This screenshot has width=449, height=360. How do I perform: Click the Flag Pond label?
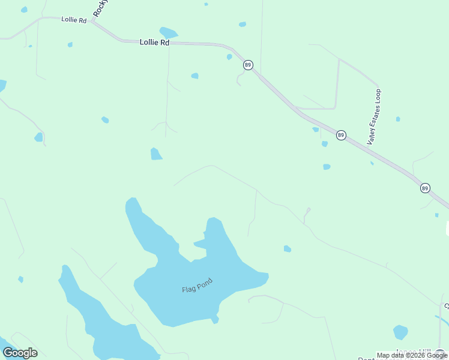click(x=197, y=286)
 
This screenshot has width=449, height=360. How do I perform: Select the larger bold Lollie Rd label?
click(x=154, y=43)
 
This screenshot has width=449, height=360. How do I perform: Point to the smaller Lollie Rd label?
click(x=74, y=20)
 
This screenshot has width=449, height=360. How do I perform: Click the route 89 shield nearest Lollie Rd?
click(x=247, y=65)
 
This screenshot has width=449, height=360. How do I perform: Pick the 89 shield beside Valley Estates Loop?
click(x=341, y=136)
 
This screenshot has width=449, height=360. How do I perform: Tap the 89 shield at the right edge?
click(x=425, y=188)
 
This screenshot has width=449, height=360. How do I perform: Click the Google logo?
click(x=20, y=353)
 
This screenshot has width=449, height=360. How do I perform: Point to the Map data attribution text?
click(x=411, y=355)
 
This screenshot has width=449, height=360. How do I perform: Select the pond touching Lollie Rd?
click(x=169, y=32)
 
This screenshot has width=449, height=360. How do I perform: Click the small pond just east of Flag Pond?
click(x=288, y=248)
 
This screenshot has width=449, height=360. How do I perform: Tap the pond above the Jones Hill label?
click(x=400, y=332)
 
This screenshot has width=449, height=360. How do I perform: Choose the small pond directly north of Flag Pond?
click(x=156, y=154)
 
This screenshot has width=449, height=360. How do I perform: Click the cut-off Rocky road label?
click(x=100, y=8)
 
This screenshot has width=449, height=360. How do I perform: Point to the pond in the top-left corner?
click(x=24, y=10)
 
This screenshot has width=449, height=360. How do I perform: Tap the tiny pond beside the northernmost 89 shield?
click(x=229, y=57)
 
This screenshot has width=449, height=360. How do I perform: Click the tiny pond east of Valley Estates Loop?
click(x=398, y=119)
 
